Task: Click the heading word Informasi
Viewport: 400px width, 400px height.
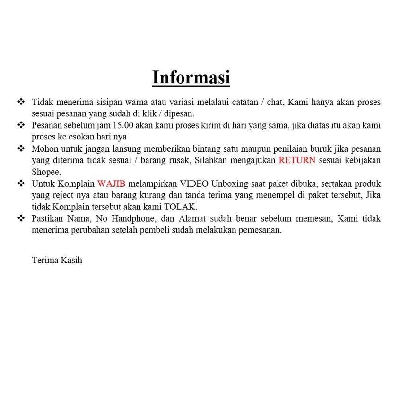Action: [191, 78]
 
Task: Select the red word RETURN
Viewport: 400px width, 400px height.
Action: [297, 160]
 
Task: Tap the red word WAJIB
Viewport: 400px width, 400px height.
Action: [111, 183]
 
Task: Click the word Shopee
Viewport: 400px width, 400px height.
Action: [46, 172]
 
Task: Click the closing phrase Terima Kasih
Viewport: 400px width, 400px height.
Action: [57, 260]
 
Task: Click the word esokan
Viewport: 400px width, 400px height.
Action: [82, 137]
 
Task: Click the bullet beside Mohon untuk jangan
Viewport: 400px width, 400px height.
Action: [21, 148]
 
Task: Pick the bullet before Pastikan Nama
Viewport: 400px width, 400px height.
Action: [21, 218]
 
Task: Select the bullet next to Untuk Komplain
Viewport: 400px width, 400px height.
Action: [21, 183]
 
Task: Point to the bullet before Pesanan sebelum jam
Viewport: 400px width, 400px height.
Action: [21, 125]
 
